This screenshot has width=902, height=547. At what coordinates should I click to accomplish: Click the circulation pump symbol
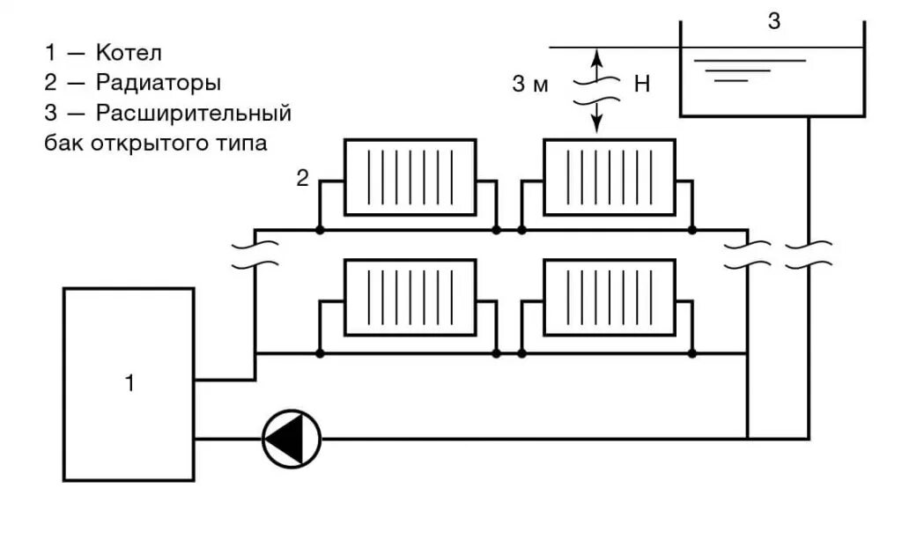pyautogui.click(x=292, y=438)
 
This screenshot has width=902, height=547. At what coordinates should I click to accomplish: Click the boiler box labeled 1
pyautogui.click(x=129, y=384)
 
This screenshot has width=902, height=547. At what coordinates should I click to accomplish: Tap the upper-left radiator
pyautogui.click(x=410, y=176)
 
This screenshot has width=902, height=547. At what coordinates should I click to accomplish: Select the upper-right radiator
pyautogui.click(x=610, y=176)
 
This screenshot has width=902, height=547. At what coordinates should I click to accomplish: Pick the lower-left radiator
pyautogui.click(x=410, y=297)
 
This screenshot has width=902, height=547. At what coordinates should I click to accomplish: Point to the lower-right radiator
pyautogui.click(x=610, y=297)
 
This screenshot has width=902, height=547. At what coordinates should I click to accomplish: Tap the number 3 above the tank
pyautogui.click(x=773, y=22)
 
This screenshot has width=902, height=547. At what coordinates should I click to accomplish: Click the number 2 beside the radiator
pyautogui.click(x=302, y=179)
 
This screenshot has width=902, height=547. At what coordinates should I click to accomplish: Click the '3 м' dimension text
pyautogui.click(x=530, y=85)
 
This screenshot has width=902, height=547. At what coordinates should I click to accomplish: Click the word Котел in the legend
pyautogui.click(x=129, y=53)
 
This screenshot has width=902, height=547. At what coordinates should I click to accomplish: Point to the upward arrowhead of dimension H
pyautogui.click(x=596, y=55)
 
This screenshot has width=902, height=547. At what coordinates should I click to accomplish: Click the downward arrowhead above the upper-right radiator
pyautogui.click(x=596, y=127)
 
